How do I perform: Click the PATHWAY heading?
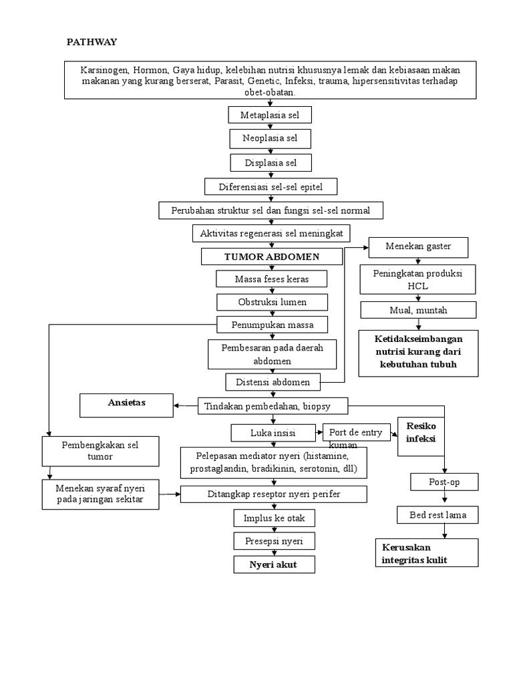[92, 42]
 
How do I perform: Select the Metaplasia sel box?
[270, 116]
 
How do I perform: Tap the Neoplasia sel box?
[270, 139]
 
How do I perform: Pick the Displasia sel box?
[270, 162]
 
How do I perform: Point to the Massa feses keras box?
[272, 278]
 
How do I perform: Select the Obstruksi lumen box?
[272, 302]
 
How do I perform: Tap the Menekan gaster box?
[418, 246]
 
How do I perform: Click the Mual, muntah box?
[418, 310]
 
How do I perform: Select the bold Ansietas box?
[126, 403]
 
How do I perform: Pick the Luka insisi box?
[273, 433]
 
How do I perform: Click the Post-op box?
[444, 482]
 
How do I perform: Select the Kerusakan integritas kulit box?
[426, 553]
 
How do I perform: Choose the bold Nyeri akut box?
[273, 564]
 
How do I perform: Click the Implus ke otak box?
[273, 518]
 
